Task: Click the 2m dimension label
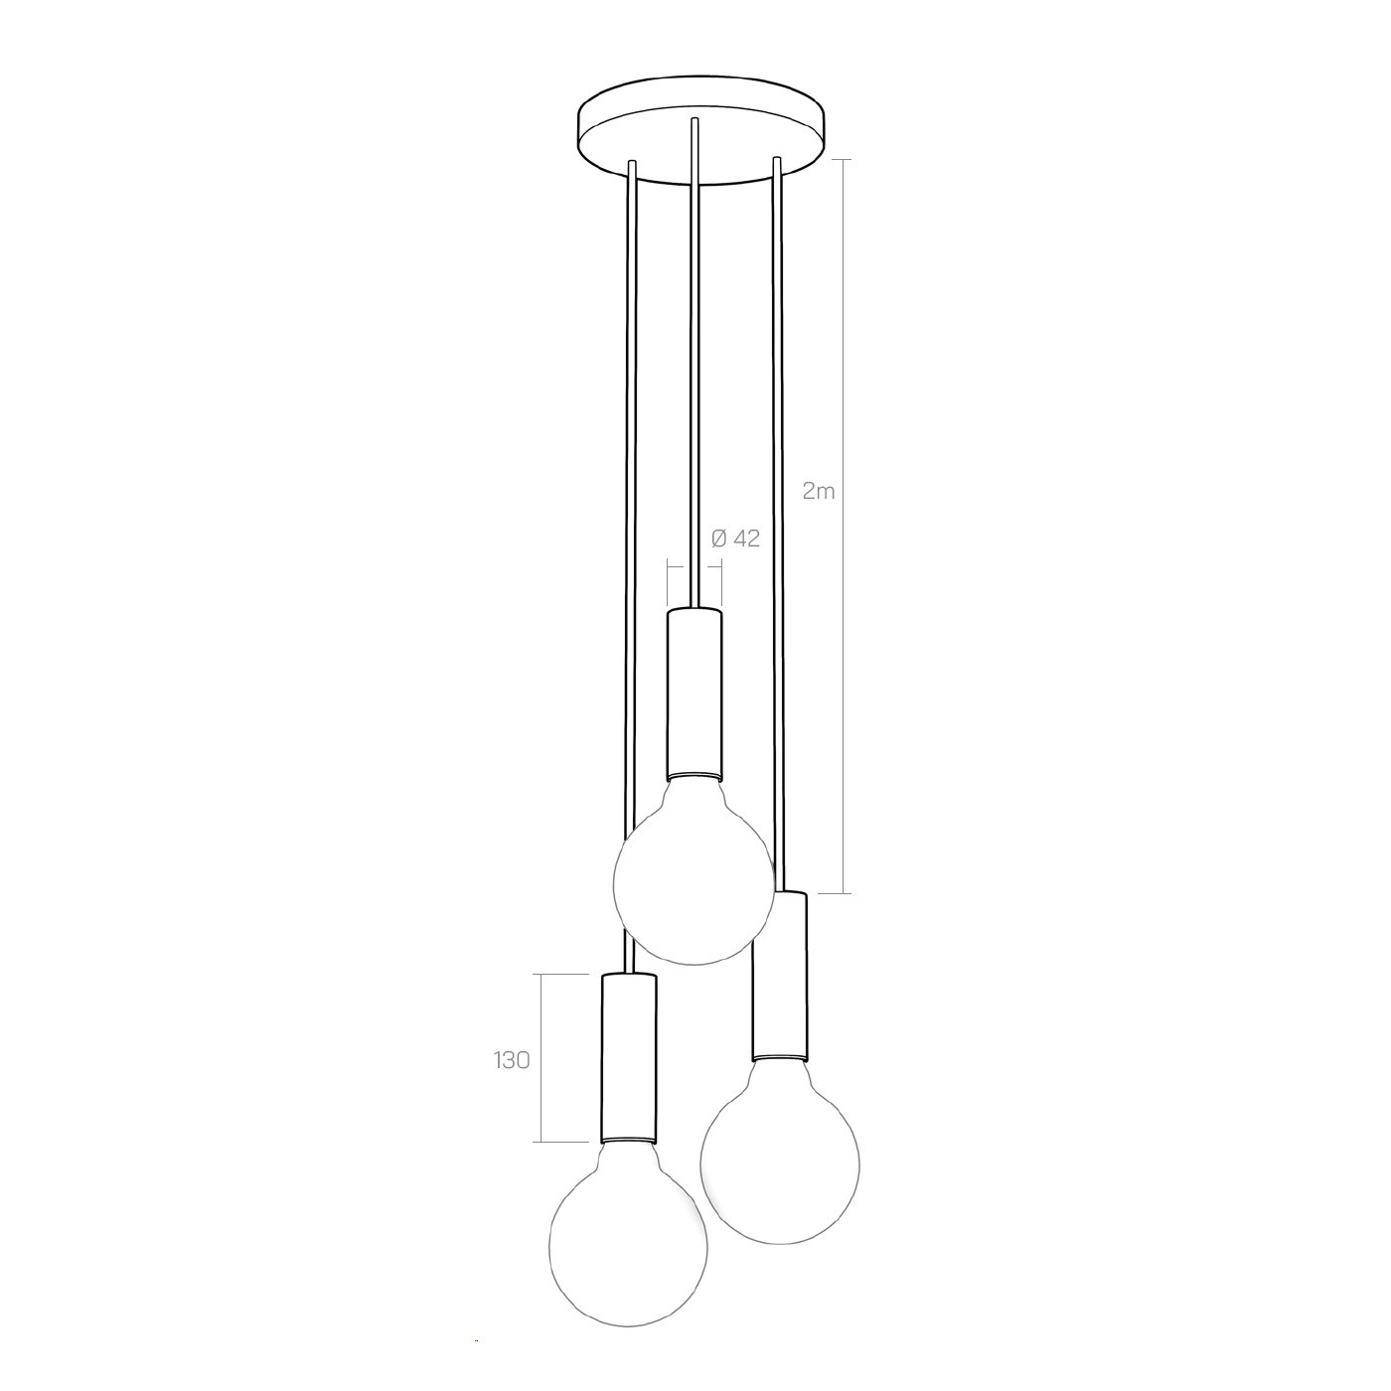click(819, 492)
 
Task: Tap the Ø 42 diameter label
click(735, 539)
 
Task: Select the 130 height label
click(512, 1060)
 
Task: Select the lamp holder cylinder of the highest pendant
click(695, 695)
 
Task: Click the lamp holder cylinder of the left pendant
click(629, 1057)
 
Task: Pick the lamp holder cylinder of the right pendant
click(779, 976)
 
